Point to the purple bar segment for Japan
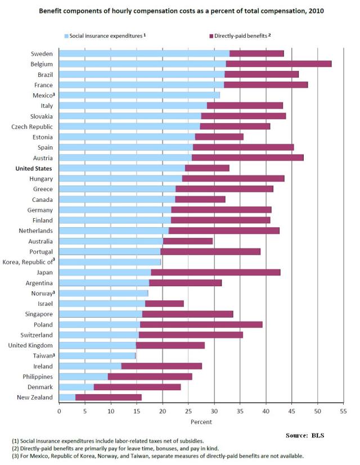coord(215,272)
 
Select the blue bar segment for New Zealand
coord(67,398)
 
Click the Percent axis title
coord(201,422)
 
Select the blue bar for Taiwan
coord(97,356)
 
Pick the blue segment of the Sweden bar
coord(144,53)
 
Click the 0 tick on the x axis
coord(59,411)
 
